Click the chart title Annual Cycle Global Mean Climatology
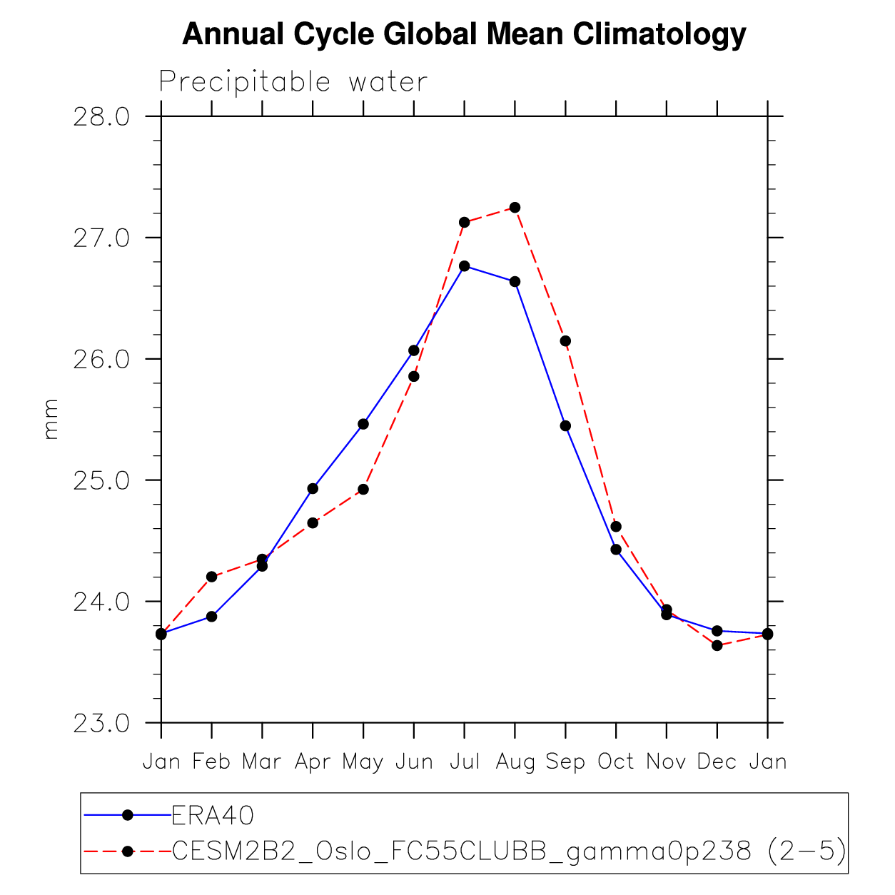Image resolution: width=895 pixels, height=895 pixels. [464, 34]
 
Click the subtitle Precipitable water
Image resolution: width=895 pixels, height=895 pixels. [293, 82]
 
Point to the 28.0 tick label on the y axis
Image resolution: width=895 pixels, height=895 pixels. [101, 116]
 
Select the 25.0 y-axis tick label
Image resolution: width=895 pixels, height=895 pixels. [101, 480]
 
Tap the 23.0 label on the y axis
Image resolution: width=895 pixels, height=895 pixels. [101, 723]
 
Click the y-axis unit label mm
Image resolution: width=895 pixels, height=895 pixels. [51, 420]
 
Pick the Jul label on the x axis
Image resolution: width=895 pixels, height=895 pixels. [464, 762]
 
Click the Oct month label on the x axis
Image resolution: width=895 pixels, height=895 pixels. [616, 762]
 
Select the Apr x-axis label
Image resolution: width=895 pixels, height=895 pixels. [313, 762]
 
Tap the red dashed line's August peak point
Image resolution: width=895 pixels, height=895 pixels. [515, 208]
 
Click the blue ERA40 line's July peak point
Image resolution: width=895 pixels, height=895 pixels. [465, 266]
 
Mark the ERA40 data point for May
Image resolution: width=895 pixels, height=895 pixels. [363, 424]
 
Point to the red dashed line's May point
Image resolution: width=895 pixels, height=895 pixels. [363, 490]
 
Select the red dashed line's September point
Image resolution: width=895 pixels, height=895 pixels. [565, 341]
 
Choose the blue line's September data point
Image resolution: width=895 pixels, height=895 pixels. [565, 426]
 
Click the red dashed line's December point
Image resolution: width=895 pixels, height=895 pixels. [717, 646]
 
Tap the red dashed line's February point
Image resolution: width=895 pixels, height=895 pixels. [211, 577]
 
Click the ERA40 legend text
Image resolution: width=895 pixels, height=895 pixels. [213, 815]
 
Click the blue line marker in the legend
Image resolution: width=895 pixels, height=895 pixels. [127, 814]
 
